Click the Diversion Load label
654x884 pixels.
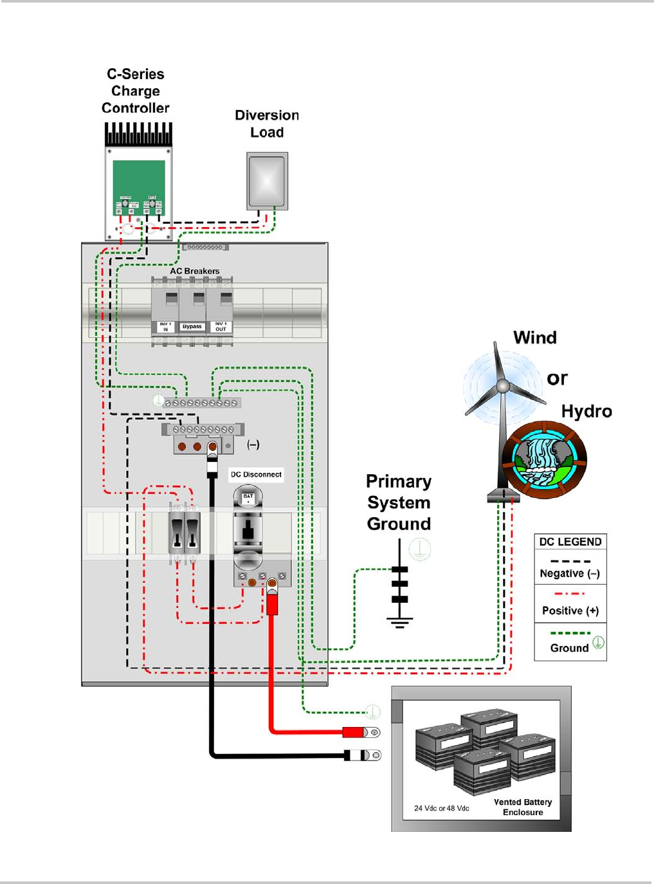[x=267, y=124]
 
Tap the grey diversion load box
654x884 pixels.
[x=267, y=181]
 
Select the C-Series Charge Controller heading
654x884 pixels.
[x=136, y=91]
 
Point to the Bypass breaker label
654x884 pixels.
[x=192, y=327]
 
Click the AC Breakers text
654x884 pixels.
[x=195, y=271]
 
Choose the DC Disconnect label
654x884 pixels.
[x=256, y=474]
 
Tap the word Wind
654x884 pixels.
[x=535, y=338]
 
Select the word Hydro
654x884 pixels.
[x=586, y=411]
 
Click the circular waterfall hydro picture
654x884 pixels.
[x=544, y=459]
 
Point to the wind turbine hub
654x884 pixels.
[x=502, y=387]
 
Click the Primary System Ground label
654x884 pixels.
[x=399, y=502]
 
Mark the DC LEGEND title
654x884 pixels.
[x=570, y=542]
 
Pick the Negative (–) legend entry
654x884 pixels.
[x=570, y=573]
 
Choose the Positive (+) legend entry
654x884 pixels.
[x=570, y=611]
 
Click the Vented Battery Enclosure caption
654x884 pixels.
[x=523, y=807]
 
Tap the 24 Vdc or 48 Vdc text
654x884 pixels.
[x=442, y=808]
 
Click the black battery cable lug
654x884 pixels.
[x=363, y=755]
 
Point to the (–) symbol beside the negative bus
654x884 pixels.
[x=253, y=445]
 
